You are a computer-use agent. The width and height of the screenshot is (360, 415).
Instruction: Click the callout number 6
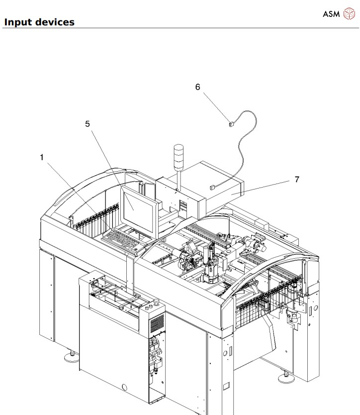coord(197,87)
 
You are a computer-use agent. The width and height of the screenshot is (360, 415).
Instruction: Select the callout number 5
coord(88,124)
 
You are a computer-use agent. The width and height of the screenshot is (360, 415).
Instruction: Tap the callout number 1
coord(42,157)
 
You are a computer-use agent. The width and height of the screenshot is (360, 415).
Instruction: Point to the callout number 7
coord(296,179)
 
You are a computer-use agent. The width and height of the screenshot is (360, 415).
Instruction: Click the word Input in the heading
coord(18,22)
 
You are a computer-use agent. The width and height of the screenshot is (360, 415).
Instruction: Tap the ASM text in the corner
coord(331,14)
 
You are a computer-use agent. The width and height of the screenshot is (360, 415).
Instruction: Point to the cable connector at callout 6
coord(231,124)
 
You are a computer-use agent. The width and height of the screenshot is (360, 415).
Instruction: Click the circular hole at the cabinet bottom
coord(125,387)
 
